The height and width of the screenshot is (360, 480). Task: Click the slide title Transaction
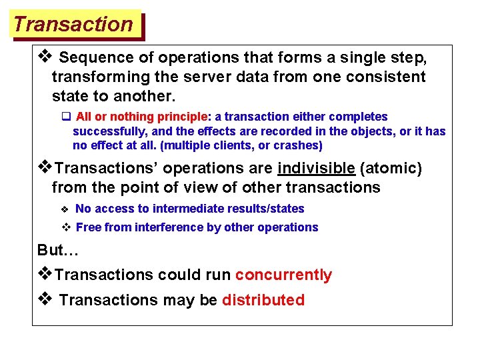click(73, 25)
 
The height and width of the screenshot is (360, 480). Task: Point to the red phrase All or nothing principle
click(143, 117)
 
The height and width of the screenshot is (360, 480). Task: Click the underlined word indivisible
click(316, 168)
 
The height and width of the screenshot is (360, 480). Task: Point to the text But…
click(59, 250)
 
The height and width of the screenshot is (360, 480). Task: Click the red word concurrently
click(283, 275)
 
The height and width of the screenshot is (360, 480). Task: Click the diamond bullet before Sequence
click(45, 57)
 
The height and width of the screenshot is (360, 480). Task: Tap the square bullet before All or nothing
click(66, 117)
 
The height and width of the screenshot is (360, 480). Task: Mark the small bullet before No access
click(65, 209)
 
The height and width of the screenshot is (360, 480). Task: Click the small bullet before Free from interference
click(65, 227)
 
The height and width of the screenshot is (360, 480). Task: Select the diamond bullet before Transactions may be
click(45, 299)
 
